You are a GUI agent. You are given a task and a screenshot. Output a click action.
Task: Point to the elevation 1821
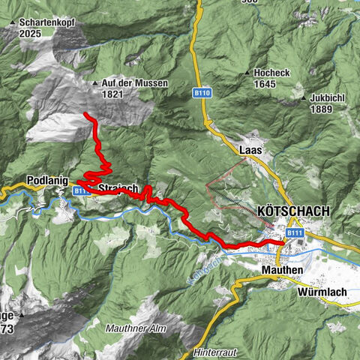click(x=112, y=94)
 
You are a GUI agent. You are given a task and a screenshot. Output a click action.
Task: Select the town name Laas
click(x=250, y=150)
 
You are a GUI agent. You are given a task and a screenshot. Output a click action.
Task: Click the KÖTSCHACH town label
click(x=292, y=211)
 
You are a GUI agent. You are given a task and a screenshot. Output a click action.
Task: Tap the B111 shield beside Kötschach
click(x=295, y=234)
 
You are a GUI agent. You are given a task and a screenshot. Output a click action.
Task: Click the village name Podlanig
click(x=46, y=181)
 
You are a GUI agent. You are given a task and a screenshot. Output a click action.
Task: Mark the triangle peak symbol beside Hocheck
click(x=247, y=72)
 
